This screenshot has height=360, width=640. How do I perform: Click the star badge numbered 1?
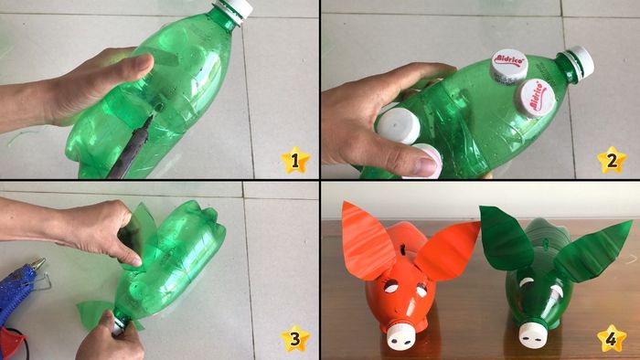(294, 161)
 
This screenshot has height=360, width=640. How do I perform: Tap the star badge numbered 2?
(613, 161)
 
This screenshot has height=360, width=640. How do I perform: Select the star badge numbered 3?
(294, 339)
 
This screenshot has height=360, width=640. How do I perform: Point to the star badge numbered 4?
(613, 339)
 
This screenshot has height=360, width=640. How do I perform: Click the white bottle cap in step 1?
(236, 8)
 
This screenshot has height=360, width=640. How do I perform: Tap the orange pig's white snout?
(400, 337)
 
